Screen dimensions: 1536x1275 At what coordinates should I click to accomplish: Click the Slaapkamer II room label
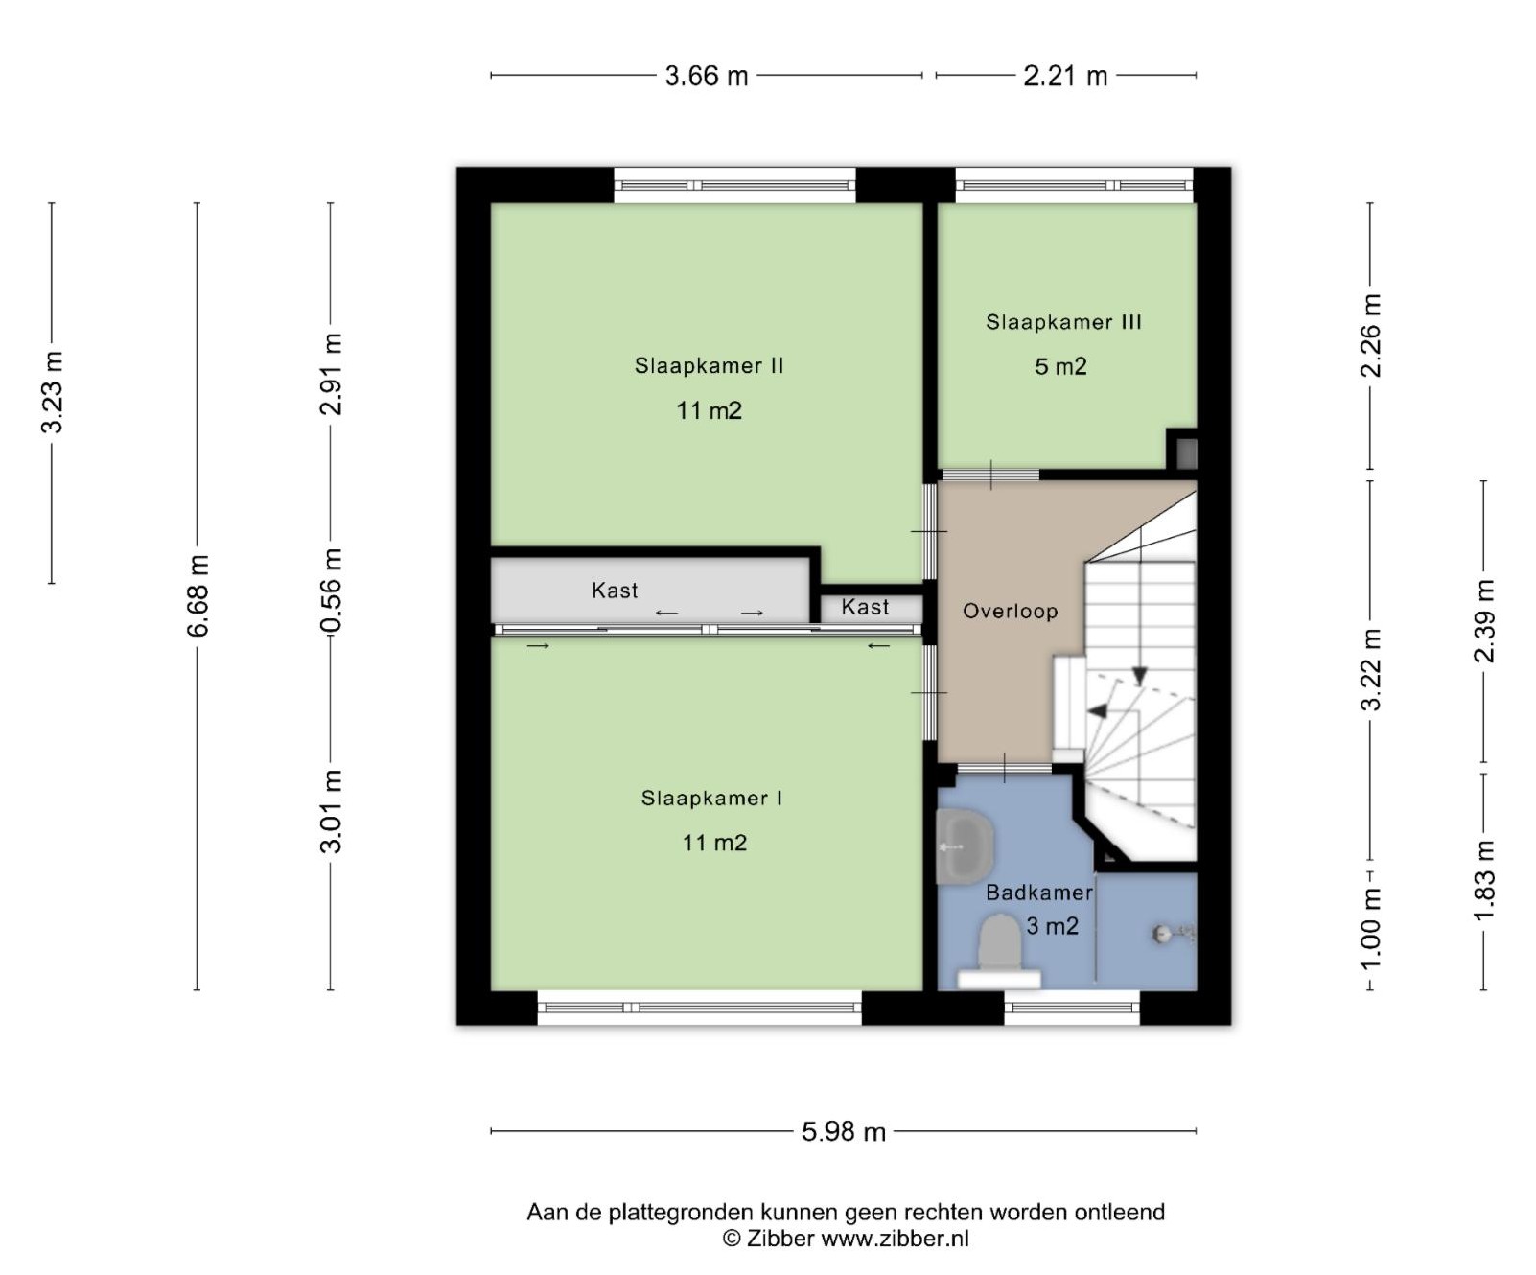(x=709, y=365)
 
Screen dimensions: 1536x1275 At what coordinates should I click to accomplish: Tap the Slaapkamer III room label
(x=1063, y=322)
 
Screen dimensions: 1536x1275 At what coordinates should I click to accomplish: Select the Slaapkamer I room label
(x=711, y=798)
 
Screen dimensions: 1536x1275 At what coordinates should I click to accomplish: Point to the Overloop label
(x=1010, y=611)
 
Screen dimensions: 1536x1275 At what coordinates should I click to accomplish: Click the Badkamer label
(x=1039, y=892)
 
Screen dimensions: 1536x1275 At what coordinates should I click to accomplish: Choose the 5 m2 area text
(x=1060, y=366)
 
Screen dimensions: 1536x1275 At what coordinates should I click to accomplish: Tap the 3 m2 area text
(x=1052, y=926)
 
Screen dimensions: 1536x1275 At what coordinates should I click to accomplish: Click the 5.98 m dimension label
(x=844, y=1131)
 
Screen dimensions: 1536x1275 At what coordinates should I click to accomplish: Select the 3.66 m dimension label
(x=707, y=76)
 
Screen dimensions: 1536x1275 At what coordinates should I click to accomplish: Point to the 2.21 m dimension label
(x=1065, y=76)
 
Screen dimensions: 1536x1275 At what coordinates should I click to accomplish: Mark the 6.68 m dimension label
(x=198, y=595)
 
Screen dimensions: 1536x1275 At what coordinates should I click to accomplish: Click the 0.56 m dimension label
(x=331, y=591)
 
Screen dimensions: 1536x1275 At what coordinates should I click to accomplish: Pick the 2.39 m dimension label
(x=1483, y=621)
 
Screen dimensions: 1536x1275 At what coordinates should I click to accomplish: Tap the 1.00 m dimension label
(x=1371, y=928)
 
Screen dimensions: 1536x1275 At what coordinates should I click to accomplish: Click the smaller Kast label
(x=865, y=607)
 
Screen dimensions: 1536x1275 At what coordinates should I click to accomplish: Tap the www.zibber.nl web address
(x=895, y=1239)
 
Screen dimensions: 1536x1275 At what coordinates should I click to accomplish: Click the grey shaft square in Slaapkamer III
(x=1187, y=452)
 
